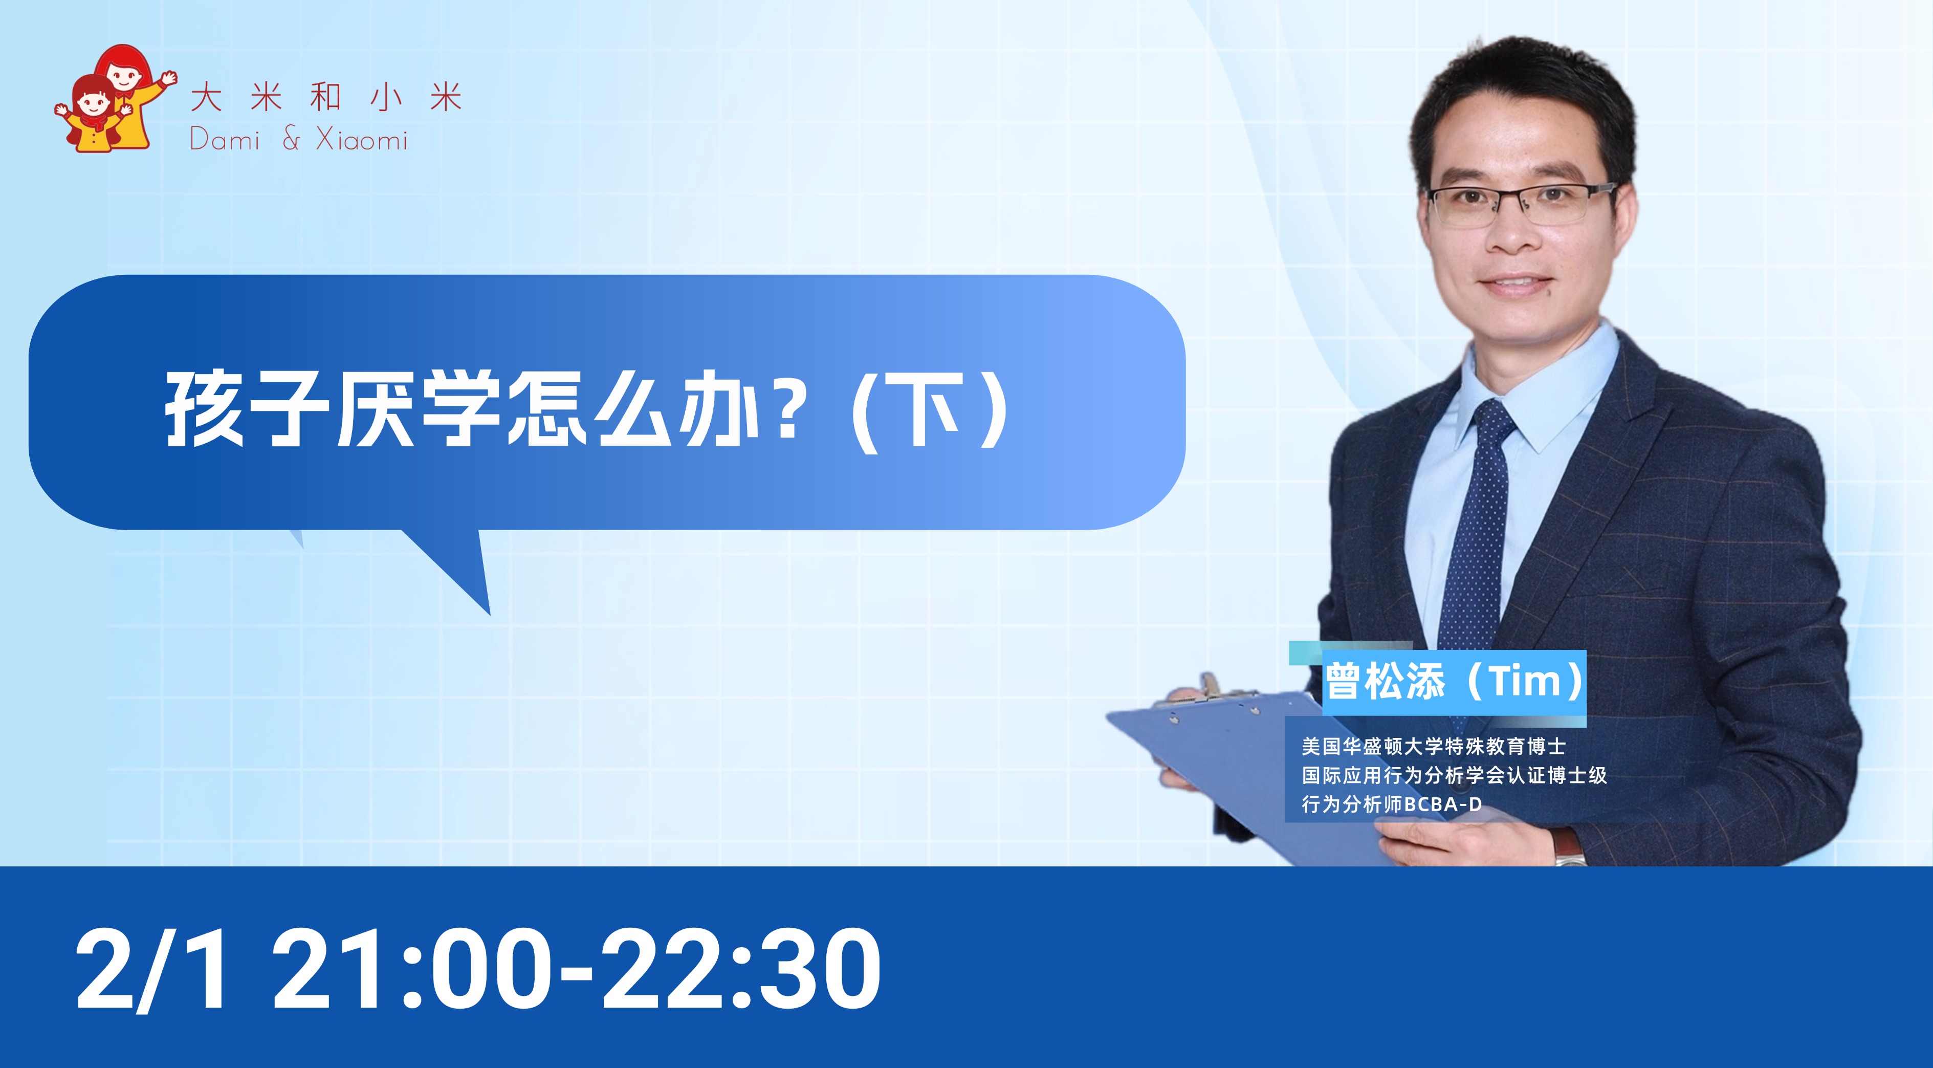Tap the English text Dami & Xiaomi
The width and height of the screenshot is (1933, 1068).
coord(299,140)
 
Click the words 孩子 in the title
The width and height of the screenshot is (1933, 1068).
coord(246,409)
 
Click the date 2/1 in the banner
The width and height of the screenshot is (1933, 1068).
coord(149,968)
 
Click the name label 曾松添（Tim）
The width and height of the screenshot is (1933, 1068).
coord(1454,681)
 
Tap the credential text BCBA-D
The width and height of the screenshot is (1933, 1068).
coord(1443,804)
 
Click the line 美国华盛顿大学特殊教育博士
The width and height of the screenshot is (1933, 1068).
coord(1433,746)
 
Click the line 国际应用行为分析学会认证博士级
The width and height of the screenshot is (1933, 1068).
coord(1454,775)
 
